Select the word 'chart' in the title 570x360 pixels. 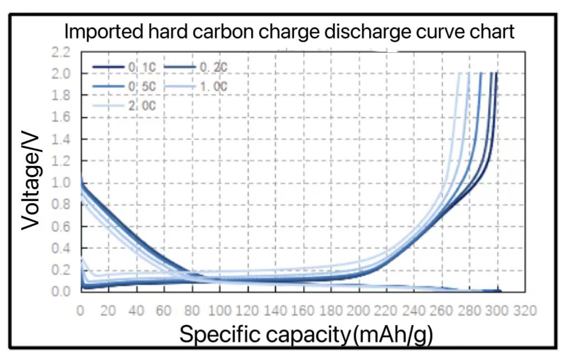click(x=489, y=32)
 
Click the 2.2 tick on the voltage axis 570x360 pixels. click(x=61, y=52)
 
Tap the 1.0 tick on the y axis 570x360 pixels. click(x=61, y=183)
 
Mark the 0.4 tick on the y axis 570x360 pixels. click(x=61, y=248)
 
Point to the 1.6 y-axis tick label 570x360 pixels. click(x=61, y=117)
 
